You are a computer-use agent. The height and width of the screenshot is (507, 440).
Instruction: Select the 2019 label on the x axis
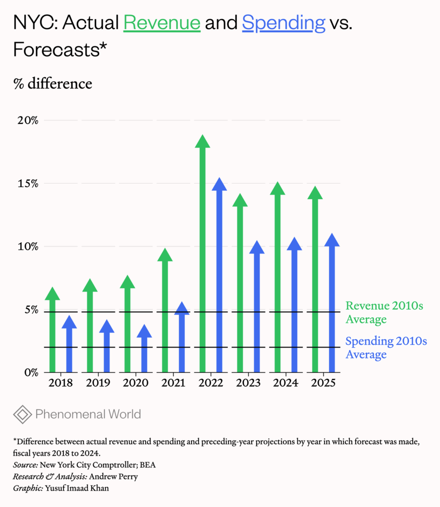[98, 383]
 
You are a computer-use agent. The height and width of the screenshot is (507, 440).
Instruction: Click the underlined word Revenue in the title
[162, 23]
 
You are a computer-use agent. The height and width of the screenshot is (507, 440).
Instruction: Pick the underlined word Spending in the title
[283, 23]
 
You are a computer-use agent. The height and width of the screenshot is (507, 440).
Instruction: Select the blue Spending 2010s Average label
[385, 348]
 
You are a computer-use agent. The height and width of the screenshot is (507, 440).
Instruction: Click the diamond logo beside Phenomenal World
[22, 414]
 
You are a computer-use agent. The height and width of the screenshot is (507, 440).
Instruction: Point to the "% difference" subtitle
[53, 84]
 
